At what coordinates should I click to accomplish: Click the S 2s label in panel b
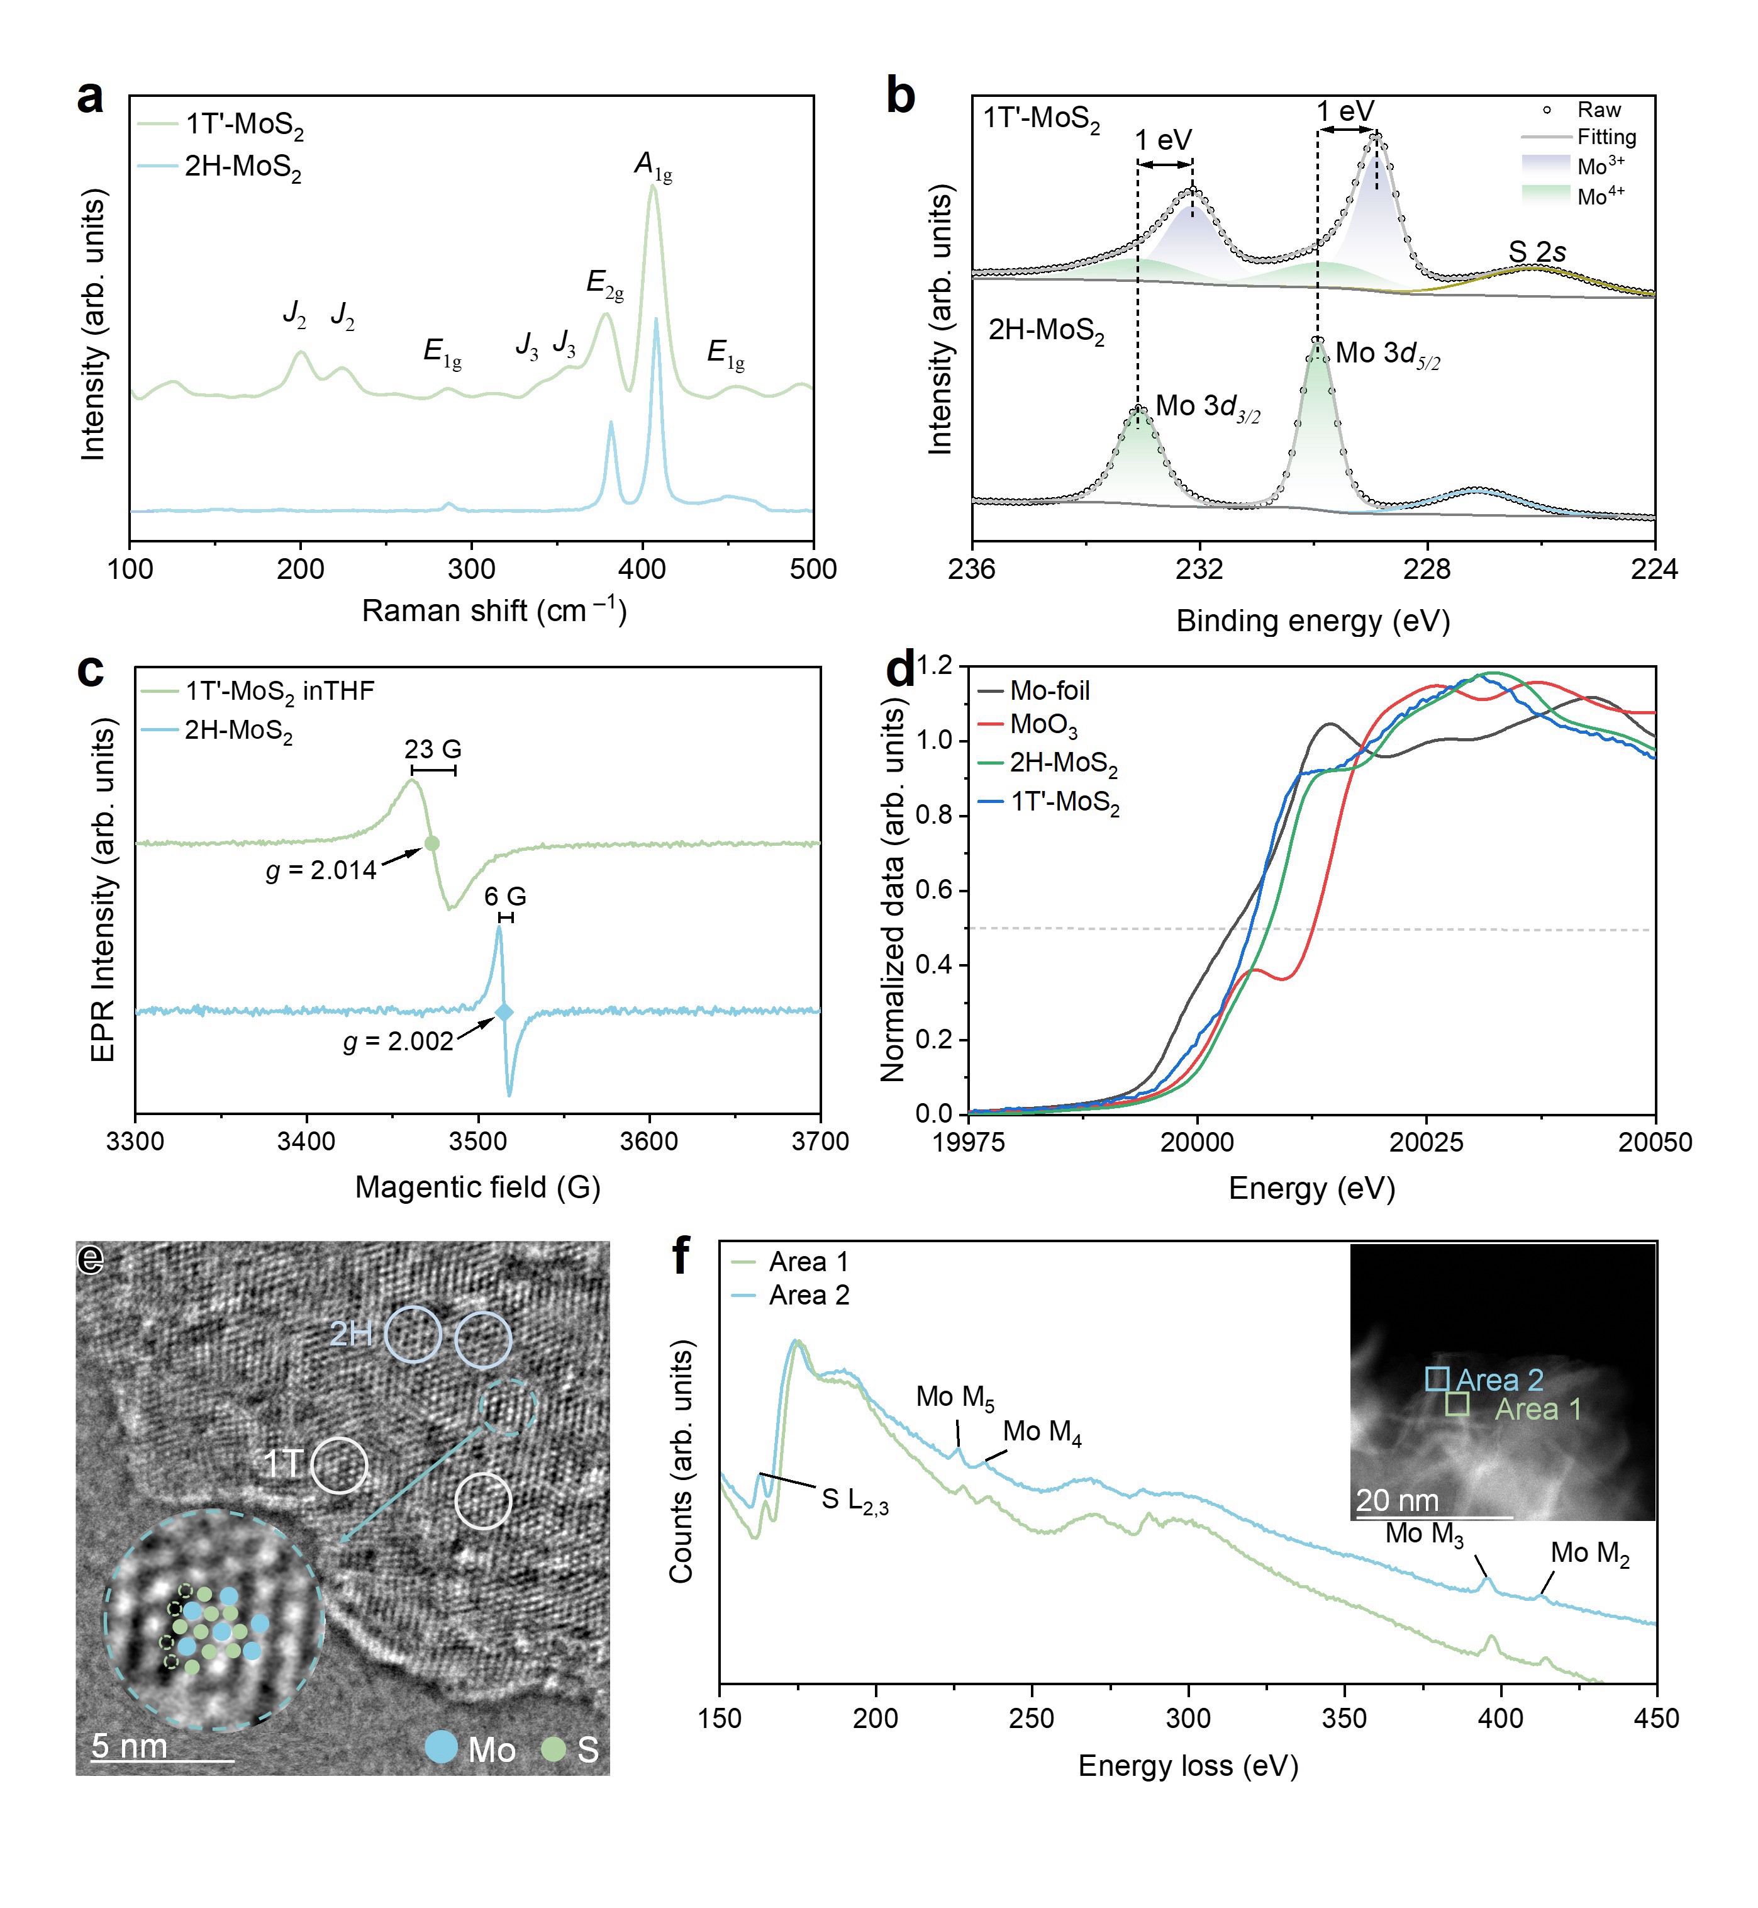[x=1537, y=252]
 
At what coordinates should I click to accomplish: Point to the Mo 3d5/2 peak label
[x=1387, y=355]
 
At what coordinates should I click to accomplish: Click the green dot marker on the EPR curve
[x=432, y=843]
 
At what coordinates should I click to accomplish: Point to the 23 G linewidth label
[x=433, y=750]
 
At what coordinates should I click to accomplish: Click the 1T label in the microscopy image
[x=282, y=1464]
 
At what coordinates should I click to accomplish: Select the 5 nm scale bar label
[x=130, y=1746]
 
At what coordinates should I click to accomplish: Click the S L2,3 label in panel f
[x=854, y=1501]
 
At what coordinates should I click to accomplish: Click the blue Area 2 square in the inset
[x=1437, y=1379]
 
